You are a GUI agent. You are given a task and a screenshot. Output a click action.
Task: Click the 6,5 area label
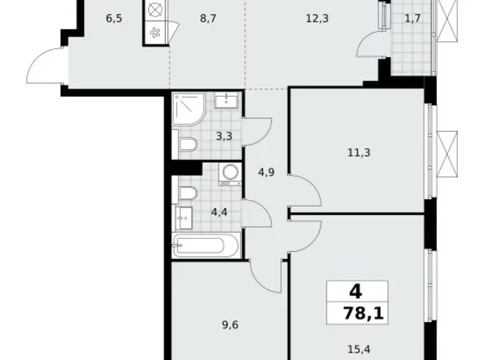coord(114,18)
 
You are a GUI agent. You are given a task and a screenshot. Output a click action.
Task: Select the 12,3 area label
coord(316,19)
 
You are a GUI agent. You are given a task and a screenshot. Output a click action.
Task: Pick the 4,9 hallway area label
coord(266,173)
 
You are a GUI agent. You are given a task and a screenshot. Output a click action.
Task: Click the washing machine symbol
coord(230,174)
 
